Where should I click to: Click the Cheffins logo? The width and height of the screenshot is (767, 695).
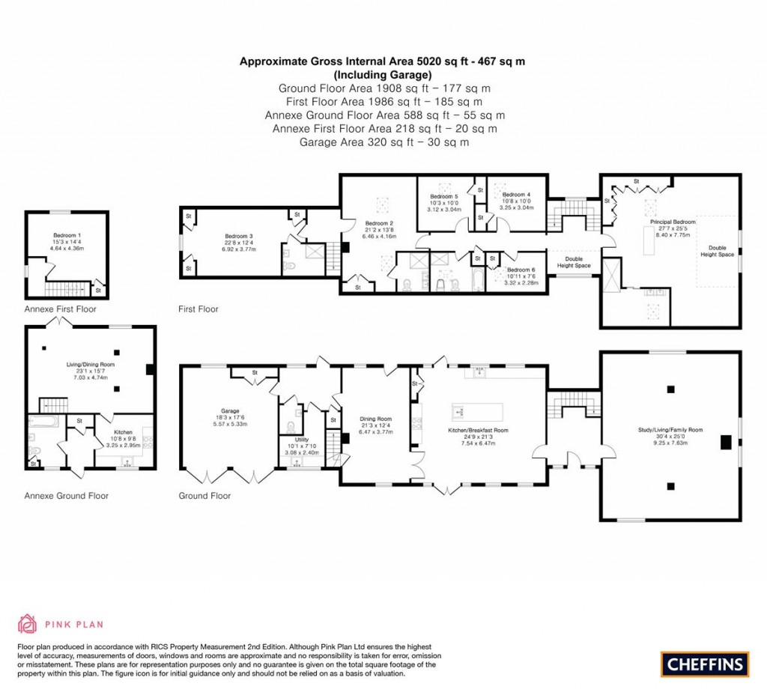(705, 664)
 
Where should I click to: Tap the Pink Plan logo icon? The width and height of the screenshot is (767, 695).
(26, 623)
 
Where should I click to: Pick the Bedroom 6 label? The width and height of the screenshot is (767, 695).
(521, 270)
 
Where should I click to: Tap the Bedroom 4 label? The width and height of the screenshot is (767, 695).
(516, 195)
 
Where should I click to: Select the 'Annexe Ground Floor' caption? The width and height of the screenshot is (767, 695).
(66, 496)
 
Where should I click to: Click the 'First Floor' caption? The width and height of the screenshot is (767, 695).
(198, 309)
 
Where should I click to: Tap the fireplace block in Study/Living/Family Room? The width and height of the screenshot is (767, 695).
(724, 443)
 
